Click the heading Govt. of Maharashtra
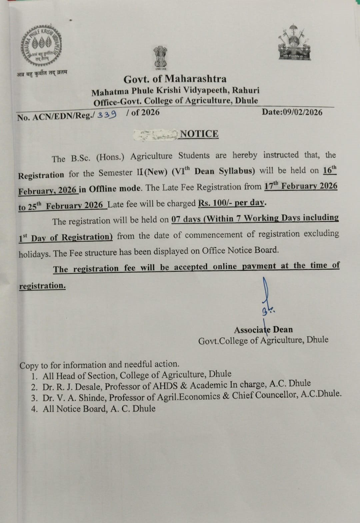tap(175, 79)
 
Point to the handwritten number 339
tap(107, 115)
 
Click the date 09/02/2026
tap(302, 112)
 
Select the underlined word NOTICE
tap(199, 134)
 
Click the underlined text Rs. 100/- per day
tap(232, 203)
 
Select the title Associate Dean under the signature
tap(263, 330)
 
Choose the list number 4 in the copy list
tap(34, 409)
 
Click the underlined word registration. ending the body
tap(42, 286)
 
